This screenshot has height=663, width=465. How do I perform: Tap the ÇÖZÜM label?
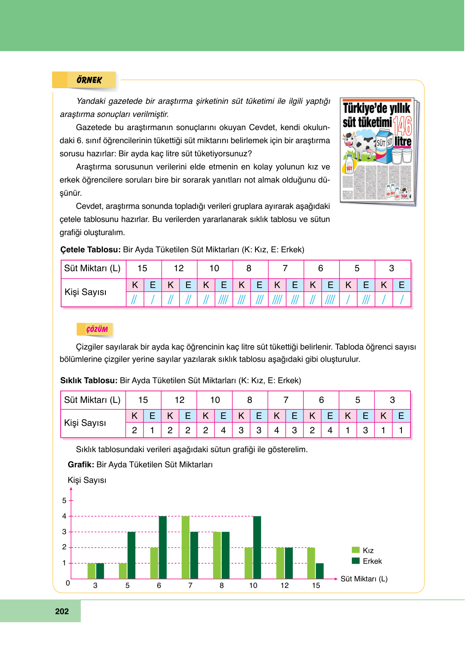97,329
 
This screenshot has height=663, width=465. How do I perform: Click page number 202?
62,611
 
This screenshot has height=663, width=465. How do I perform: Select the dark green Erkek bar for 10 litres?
257,547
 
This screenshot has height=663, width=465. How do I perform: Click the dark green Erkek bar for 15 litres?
319,571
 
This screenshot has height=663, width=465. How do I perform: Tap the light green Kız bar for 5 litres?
123,571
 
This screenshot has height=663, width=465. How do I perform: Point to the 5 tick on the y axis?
64,501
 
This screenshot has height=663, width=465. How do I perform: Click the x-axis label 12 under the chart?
285,585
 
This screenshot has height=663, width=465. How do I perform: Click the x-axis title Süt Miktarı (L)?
364,579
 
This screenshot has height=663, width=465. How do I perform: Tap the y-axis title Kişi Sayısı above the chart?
87,480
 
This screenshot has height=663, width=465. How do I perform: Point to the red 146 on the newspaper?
402,126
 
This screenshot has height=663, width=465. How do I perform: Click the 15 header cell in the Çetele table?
142,268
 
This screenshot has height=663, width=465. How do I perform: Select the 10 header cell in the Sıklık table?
215,400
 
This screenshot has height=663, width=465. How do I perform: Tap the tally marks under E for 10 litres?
223,300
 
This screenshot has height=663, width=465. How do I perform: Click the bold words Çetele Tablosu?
90,249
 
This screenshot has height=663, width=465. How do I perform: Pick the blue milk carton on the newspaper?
385,147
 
